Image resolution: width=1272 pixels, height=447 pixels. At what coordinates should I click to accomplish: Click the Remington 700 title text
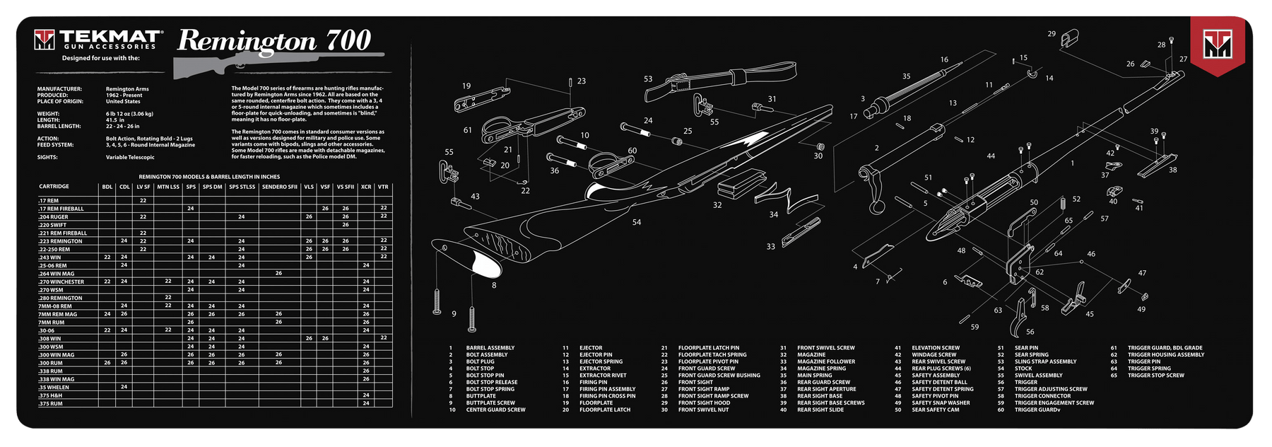(274, 41)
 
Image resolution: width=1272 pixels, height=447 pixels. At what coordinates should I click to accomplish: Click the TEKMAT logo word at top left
(111, 37)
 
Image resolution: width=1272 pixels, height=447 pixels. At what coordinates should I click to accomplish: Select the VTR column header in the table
(383, 187)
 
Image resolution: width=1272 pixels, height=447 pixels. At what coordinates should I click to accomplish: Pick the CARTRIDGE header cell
(54, 187)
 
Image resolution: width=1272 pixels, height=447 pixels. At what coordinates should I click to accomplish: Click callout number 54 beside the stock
(637, 222)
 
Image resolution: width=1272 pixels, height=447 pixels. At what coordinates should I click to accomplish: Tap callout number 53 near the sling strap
(648, 79)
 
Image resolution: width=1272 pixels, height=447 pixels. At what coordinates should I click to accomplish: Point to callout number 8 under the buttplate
(494, 285)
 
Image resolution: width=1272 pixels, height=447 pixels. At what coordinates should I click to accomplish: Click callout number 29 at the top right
(1052, 34)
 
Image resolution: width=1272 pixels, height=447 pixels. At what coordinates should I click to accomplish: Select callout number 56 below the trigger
(1030, 331)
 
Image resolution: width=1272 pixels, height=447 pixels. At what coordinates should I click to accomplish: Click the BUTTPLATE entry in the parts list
(481, 396)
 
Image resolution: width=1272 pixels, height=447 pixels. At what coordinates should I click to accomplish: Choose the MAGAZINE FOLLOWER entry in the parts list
(826, 361)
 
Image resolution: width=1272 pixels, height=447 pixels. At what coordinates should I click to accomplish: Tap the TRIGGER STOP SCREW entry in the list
(1156, 376)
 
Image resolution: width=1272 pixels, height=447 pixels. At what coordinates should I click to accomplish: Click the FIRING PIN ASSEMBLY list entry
(607, 389)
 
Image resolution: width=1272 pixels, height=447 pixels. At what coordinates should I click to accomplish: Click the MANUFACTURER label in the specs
(59, 89)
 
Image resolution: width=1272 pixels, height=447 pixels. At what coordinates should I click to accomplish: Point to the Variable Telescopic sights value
(131, 157)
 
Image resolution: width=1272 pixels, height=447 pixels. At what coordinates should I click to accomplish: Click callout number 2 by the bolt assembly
(877, 149)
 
